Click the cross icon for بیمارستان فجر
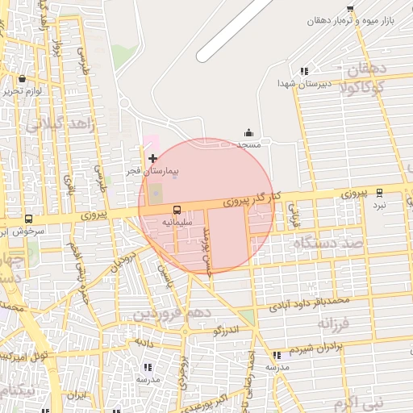pyautogui.click(x=153, y=158)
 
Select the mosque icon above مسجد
pyautogui.click(x=248, y=133)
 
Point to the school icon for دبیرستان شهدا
pyautogui.click(x=303, y=72)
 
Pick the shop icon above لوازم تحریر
pyautogui.click(x=21, y=79)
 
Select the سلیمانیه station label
pyautogui.click(x=177, y=220)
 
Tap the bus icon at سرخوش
pyautogui.click(x=29, y=219)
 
